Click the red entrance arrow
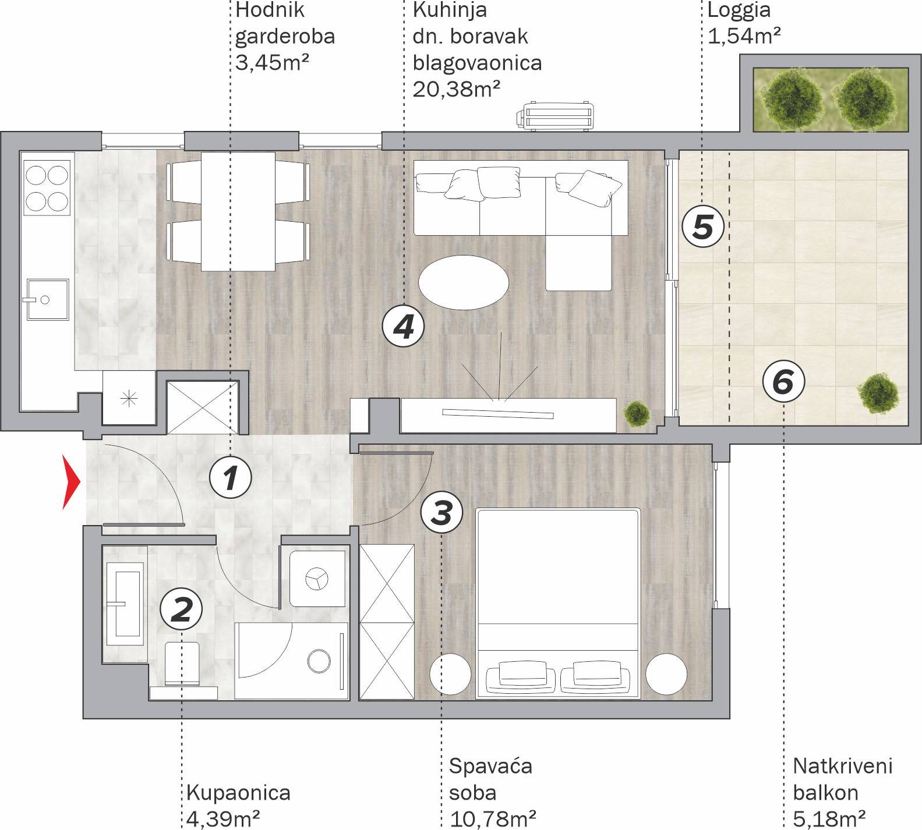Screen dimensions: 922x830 (x=70, y=482)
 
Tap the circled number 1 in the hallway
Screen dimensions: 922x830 (x=231, y=478)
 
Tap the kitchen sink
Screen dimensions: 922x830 (x=47, y=299)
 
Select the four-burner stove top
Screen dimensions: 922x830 (x=47, y=187)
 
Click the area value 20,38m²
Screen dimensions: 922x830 (x=457, y=89)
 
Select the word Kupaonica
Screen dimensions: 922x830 (x=238, y=792)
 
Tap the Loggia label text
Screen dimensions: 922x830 (x=739, y=10)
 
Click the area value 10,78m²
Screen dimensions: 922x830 (x=493, y=819)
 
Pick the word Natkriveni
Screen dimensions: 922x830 (x=843, y=765)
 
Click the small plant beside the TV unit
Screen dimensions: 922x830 (x=637, y=413)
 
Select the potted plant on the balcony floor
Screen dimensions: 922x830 (x=879, y=393)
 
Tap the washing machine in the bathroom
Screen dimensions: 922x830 (x=317, y=579)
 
